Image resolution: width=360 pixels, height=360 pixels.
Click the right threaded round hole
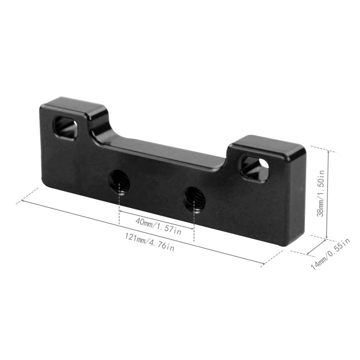pos(194,199)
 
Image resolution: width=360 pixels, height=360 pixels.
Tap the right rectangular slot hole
pos(255,168)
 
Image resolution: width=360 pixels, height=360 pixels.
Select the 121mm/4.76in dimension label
pos(150,242)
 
